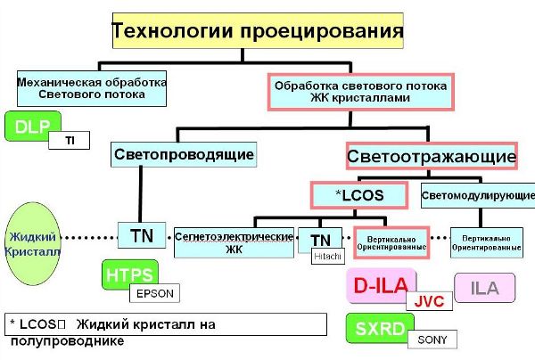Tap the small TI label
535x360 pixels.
click(69, 140)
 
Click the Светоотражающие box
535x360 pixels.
click(431, 158)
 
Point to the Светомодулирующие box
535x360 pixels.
click(477, 194)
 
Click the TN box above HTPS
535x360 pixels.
click(141, 236)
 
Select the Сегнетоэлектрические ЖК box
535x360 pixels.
click(235, 241)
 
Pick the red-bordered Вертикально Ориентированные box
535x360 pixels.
click(391, 241)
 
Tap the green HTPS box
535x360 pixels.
click(128, 274)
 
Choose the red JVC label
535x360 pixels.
click(429, 300)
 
